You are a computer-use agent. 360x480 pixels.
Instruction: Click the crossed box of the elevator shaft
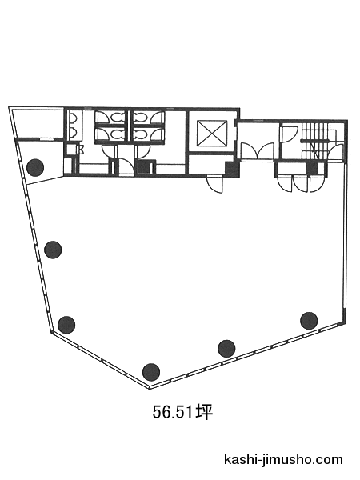(213, 133)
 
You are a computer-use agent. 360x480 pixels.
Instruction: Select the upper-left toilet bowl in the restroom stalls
(117, 118)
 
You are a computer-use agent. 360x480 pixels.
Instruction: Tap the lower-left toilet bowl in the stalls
(117, 134)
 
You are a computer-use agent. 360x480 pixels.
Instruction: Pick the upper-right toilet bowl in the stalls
(140, 118)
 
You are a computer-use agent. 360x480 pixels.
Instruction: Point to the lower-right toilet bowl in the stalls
(140, 134)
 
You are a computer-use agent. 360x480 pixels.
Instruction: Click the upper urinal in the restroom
(73, 118)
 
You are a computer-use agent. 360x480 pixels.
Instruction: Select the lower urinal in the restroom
(73, 133)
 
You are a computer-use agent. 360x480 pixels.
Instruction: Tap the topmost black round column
(35, 167)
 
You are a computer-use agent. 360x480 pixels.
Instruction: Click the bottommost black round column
(151, 372)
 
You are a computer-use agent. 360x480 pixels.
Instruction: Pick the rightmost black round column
(309, 321)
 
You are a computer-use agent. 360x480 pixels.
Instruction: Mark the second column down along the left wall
(53, 250)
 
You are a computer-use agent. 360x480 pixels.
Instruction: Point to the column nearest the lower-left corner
(66, 324)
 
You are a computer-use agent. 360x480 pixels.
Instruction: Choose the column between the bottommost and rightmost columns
(226, 348)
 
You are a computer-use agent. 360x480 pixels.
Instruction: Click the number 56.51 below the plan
(174, 412)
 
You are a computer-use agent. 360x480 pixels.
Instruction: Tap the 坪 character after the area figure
(204, 412)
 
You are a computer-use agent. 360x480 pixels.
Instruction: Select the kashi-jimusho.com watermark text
(283, 459)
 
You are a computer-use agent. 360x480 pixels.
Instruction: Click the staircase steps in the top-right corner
(316, 141)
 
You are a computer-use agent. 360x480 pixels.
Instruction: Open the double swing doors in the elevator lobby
(257, 151)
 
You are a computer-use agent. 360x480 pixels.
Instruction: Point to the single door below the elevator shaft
(215, 184)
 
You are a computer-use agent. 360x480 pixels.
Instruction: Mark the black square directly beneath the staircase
(312, 168)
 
